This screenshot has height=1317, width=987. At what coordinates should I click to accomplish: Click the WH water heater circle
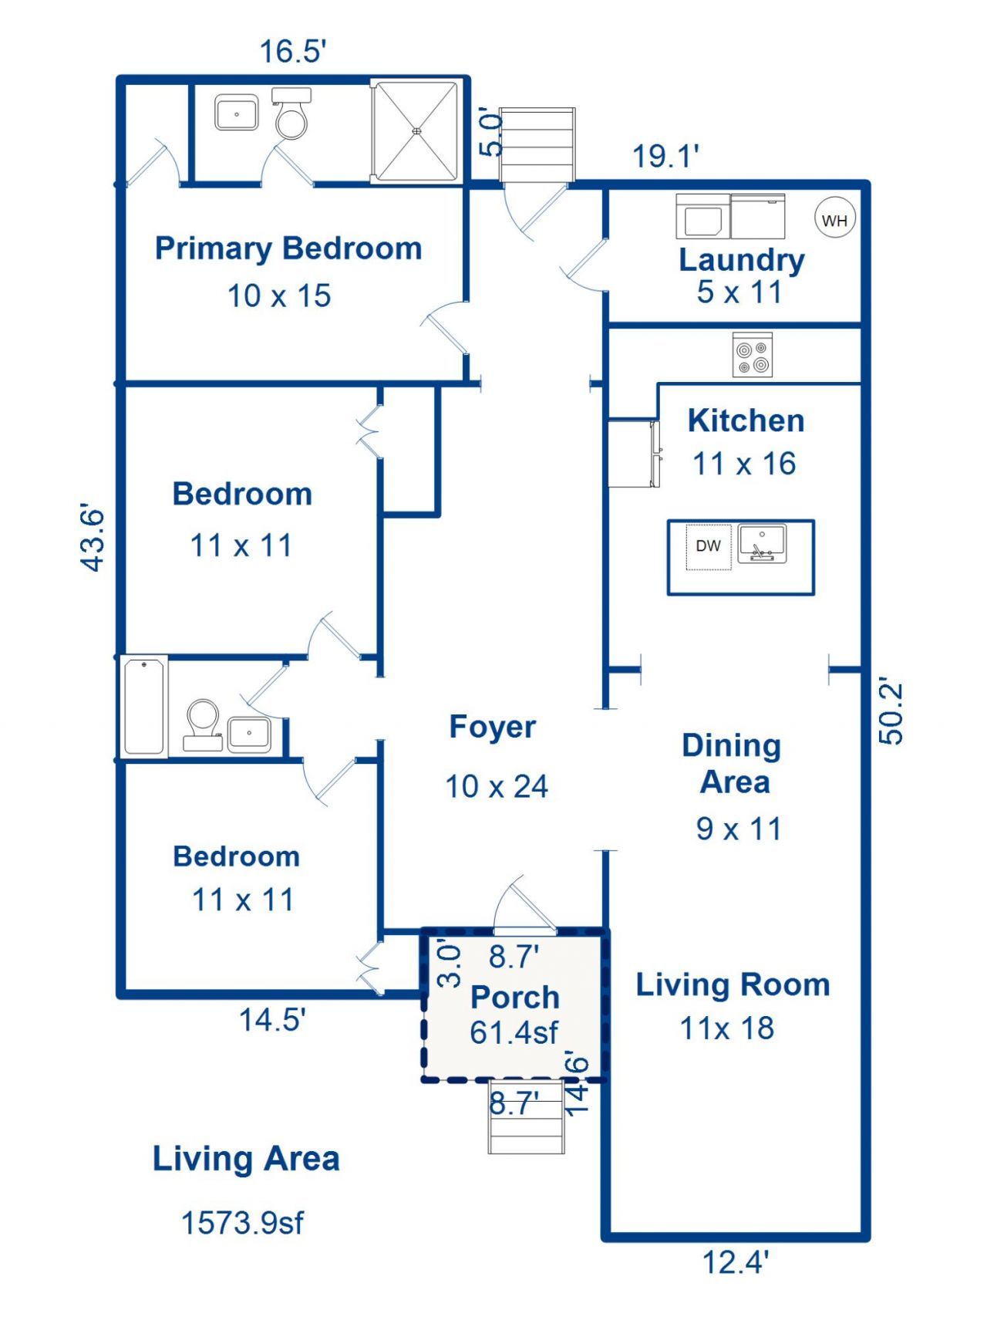pos(834,220)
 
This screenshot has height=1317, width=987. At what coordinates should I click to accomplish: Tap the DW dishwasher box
pos(708,547)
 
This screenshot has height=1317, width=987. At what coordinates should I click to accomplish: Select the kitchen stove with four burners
pos(752,355)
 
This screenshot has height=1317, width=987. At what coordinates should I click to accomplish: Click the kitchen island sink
pos(762,543)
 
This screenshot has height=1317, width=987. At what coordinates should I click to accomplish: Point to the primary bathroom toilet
pos(291,113)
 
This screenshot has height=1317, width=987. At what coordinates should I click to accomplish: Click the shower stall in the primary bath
pos(417,131)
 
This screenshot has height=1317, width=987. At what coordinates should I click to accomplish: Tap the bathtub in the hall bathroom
pos(144,706)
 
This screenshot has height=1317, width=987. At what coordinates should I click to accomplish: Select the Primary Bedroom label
pos(288,248)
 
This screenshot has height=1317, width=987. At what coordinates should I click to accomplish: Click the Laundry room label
pos(742,260)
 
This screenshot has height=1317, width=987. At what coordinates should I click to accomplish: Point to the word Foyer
pos(493,727)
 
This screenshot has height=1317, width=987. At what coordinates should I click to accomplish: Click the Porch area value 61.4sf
pos(514,1032)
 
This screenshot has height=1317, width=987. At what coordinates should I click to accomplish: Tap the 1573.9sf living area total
pos(243,1223)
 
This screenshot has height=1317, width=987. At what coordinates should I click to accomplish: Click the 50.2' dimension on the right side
pos(891,712)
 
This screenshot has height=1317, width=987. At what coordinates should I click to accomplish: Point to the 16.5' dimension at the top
pos(293,52)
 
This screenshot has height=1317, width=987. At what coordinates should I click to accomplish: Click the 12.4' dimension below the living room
pos(736,1263)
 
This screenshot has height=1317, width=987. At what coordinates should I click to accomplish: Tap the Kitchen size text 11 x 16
pos(744,464)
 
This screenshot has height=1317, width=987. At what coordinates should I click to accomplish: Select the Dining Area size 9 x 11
pos(739,829)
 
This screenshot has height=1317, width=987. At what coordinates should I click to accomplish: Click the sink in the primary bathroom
pos(236,113)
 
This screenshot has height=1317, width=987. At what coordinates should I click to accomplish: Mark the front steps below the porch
pos(527,1117)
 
